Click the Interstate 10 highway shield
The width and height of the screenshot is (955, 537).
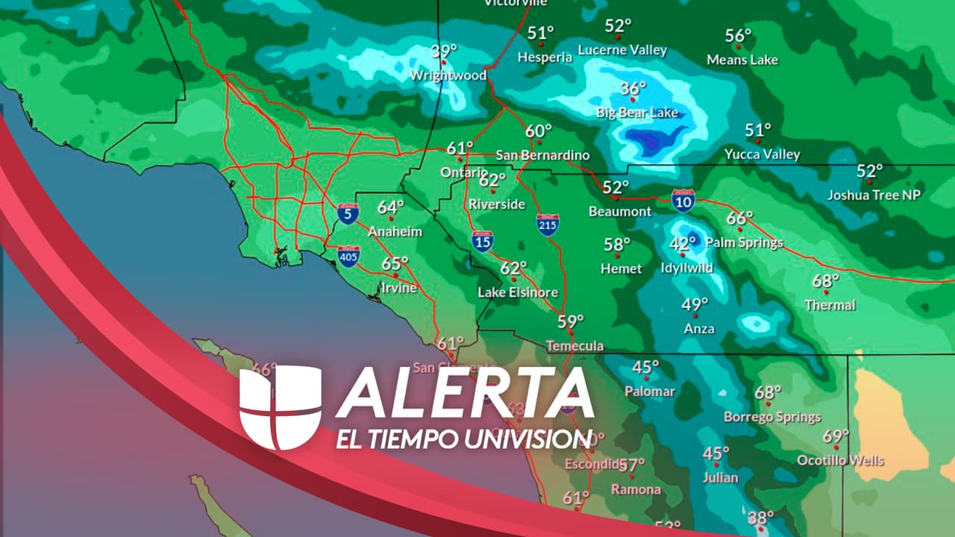click(x=683, y=200)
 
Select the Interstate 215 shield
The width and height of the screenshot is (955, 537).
click(x=548, y=224)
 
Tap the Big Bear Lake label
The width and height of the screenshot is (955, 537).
click(x=637, y=113)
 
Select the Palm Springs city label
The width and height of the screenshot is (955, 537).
click(x=744, y=242)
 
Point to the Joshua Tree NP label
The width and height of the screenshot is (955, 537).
click(x=874, y=195)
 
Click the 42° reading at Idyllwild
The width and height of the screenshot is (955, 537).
click(x=682, y=243)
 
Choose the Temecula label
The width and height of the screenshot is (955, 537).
click(x=574, y=346)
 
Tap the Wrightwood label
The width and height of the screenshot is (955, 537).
click(x=448, y=75)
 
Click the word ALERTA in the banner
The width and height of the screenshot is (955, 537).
click(x=466, y=393)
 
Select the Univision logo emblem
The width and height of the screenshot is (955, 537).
click(x=280, y=407)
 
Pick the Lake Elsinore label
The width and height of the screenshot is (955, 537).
click(x=518, y=292)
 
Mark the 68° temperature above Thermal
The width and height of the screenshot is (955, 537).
click(x=825, y=281)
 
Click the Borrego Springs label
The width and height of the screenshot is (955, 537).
click(x=772, y=417)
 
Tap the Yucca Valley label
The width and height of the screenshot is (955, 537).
click(x=762, y=154)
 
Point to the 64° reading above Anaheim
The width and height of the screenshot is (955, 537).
click(x=390, y=207)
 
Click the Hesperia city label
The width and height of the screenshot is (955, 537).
click(x=545, y=57)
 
